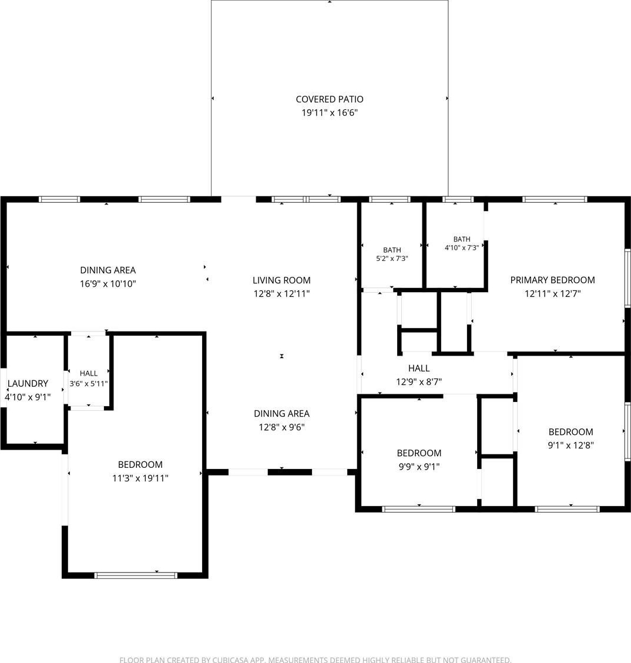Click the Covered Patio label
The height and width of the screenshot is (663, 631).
tap(330, 99)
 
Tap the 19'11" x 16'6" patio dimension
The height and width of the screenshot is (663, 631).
tap(330, 113)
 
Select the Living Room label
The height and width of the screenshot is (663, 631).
tap(281, 280)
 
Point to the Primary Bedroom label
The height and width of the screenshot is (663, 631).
tap(552, 280)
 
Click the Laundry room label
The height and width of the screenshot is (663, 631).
tap(28, 383)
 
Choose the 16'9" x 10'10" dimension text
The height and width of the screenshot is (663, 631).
tap(108, 284)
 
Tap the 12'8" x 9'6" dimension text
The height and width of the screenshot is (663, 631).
tap(281, 427)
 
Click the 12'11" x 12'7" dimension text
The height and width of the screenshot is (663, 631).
tap(552, 293)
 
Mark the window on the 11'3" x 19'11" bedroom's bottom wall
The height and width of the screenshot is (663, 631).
tap(136, 575)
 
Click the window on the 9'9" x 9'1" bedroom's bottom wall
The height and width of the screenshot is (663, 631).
tap(418, 509)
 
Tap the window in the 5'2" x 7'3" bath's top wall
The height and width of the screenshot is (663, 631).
tap(390, 199)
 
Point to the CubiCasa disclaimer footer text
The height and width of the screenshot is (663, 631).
tap(315, 659)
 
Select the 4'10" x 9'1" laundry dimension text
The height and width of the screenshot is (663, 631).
tap(28, 397)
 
